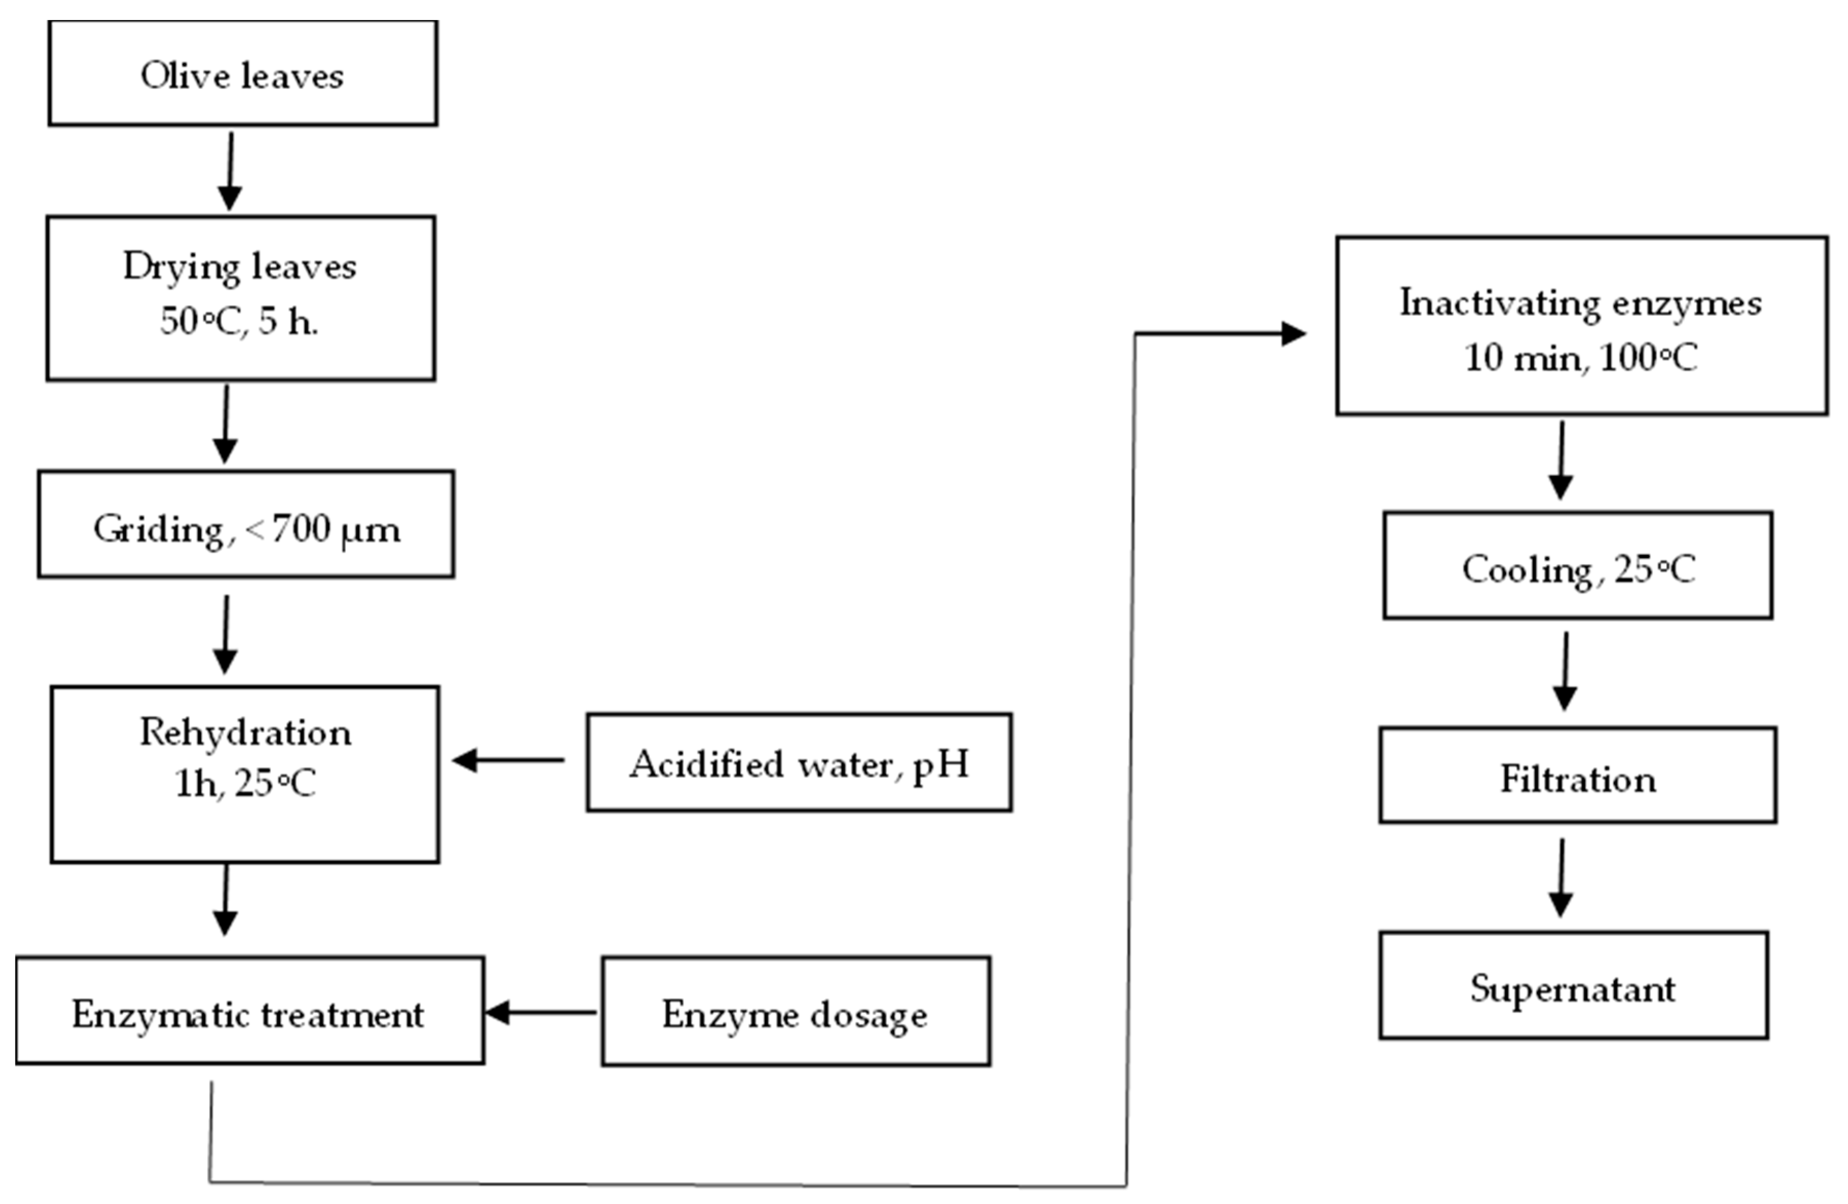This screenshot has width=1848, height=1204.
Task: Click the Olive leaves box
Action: pyautogui.click(x=242, y=74)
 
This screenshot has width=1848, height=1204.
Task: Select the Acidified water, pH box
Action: pyautogui.click(x=799, y=764)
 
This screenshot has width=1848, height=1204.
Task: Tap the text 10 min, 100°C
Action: pyautogui.click(x=1580, y=358)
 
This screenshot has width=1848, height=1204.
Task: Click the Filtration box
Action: pyautogui.click(x=1578, y=779)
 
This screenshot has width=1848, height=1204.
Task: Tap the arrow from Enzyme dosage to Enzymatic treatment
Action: pyautogui.click(x=540, y=1012)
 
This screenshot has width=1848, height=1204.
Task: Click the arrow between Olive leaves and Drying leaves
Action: pyautogui.click(x=230, y=171)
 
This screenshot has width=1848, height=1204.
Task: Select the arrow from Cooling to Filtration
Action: pyautogui.click(x=1565, y=671)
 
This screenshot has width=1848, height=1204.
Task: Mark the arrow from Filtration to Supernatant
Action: pyautogui.click(x=1561, y=877)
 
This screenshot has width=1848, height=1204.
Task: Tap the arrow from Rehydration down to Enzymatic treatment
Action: pyautogui.click(x=225, y=901)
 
